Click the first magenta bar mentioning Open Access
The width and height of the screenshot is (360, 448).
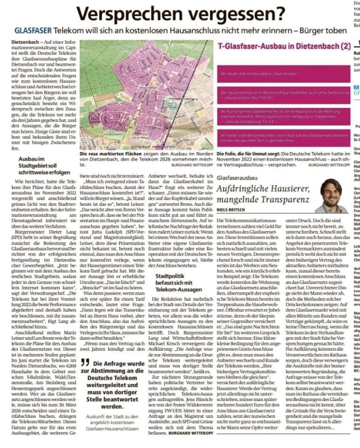(285, 74)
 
